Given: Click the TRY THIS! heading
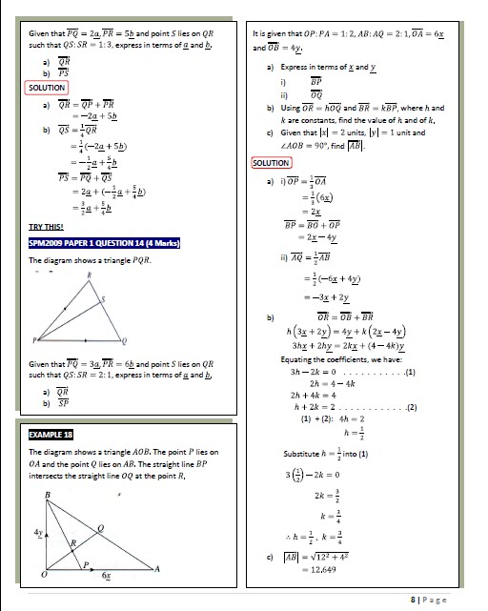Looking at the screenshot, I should (x=49, y=226).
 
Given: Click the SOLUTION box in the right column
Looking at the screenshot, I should (x=272, y=164).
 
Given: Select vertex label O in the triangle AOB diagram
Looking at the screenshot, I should (x=38, y=576).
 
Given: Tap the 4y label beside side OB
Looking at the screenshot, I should (x=39, y=529).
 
